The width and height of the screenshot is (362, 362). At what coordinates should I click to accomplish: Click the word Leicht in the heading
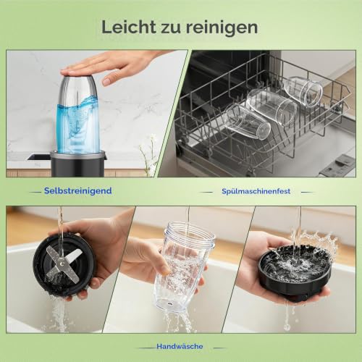point(129,27)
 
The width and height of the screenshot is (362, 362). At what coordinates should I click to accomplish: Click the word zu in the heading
point(171,28)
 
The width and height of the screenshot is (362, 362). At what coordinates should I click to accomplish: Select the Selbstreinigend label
point(77,190)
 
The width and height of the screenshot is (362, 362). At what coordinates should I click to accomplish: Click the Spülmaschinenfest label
point(256,191)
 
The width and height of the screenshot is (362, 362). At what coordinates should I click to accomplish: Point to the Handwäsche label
point(180,346)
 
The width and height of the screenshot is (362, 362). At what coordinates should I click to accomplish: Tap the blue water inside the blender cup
point(78,123)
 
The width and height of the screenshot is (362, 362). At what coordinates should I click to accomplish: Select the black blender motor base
point(78,164)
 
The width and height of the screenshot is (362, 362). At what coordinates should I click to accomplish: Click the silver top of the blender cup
point(78,87)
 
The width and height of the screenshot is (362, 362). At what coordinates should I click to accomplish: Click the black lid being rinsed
point(295,271)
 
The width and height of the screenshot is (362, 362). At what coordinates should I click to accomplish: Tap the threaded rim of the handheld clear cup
point(190,234)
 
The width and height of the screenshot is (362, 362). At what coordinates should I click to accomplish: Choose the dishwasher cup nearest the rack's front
point(247,121)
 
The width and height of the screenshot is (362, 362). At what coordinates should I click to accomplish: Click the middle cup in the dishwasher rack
point(272,106)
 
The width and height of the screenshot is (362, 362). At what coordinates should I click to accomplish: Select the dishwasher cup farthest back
point(303,91)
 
